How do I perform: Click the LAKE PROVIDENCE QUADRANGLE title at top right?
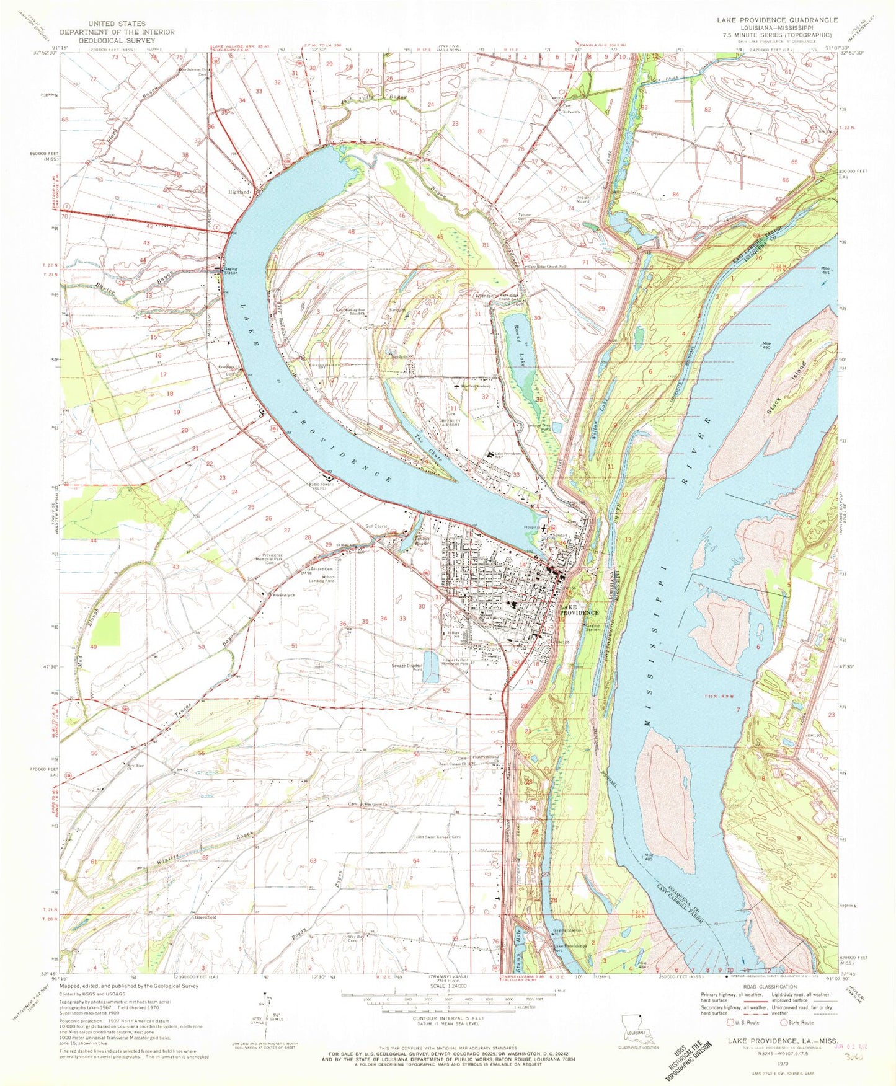click(777, 20)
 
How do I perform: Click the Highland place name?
click(239, 192)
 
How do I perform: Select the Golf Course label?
click(376, 526)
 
